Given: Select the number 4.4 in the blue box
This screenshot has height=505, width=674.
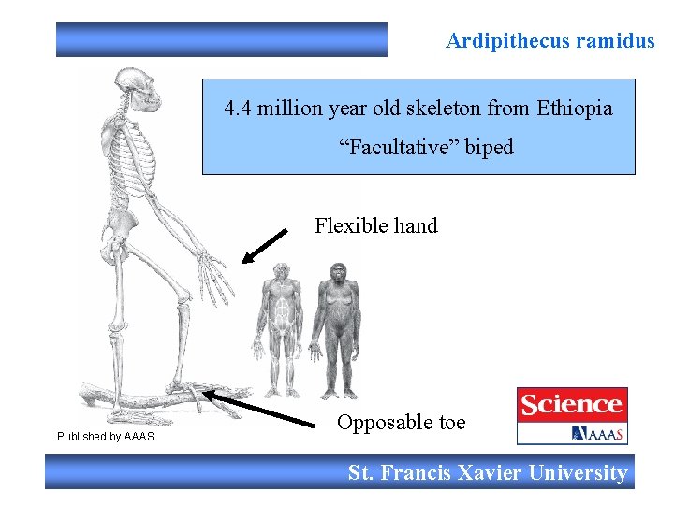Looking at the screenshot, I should (x=238, y=108).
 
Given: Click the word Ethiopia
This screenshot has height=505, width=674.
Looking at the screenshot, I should (x=575, y=108).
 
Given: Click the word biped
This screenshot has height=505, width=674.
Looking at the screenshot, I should (x=489, y=148).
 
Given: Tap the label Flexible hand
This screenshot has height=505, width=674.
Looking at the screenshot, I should (x=376, y=225).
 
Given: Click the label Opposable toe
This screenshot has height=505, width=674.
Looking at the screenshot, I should (x=401, y=423).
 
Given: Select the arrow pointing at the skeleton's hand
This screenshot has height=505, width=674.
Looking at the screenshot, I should (x=265, y=246).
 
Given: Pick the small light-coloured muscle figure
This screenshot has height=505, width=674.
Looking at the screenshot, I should (x=281, y=327).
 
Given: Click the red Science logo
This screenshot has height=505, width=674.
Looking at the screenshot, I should (x=572, y=405).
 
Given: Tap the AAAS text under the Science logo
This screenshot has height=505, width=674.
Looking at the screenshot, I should (x=598, y=433).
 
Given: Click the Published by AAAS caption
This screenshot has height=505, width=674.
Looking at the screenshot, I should (x=106, y=437).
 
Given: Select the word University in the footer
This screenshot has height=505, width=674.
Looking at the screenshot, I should (x=577, y=473).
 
